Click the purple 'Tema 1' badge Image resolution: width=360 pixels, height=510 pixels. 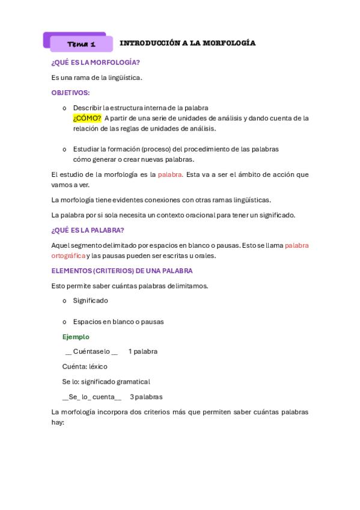(81, 44)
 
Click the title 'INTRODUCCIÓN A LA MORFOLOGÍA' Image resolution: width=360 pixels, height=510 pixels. (188, 43)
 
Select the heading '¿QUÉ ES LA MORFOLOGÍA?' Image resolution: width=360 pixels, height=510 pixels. (96, 62)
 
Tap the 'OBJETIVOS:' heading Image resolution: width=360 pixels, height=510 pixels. (70, 93)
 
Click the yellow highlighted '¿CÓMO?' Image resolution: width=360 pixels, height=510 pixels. (87, 118)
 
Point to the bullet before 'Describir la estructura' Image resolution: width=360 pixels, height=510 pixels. (64, 108)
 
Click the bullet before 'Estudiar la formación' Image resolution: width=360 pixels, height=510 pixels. (64, 149)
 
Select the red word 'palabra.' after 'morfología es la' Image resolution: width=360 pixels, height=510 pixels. (170, 174)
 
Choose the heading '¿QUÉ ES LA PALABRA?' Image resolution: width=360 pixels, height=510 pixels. (88, 230)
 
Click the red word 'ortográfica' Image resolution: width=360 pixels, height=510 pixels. (68, 256)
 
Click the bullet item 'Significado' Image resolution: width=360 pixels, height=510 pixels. (90, 300)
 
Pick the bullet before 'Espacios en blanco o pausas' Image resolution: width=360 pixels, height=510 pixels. (64, 322)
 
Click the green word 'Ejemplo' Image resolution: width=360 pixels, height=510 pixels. (76, 337)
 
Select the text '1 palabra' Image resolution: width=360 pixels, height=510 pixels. (143, 351)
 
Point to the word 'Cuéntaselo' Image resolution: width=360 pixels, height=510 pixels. (91, 351)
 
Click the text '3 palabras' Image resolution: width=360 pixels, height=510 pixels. (146, 397)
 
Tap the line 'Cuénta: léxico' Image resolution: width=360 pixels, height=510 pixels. (85, 366)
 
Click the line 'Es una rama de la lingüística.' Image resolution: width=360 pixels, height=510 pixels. (97, 77)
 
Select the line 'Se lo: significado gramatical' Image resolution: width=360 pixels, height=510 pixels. (106, 381)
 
